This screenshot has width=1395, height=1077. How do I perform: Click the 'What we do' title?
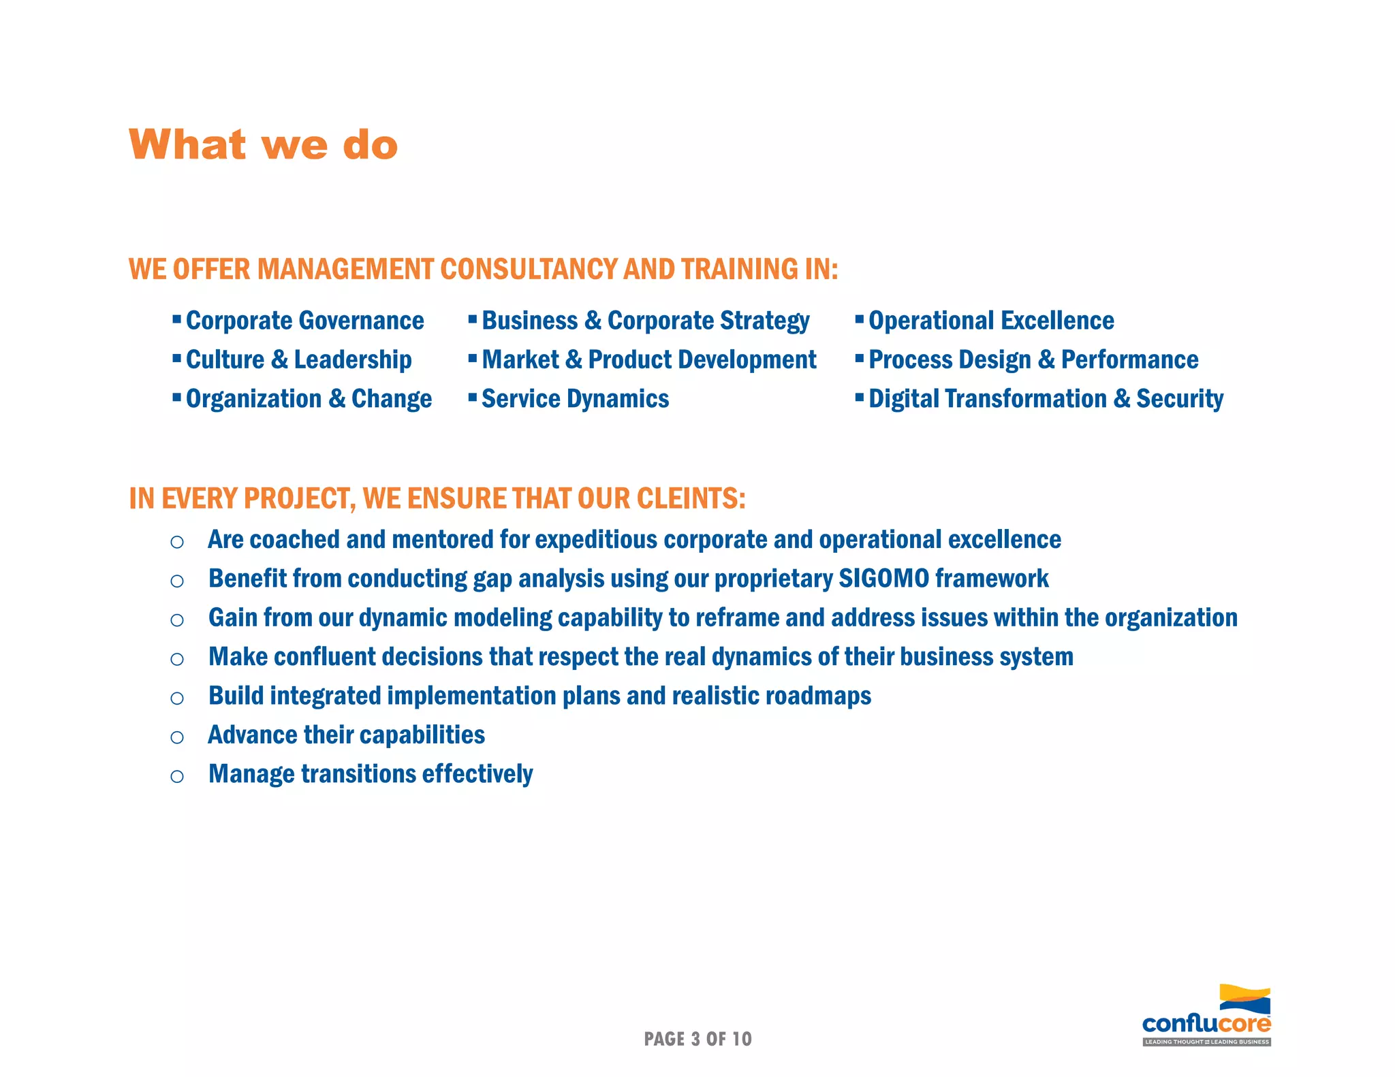[x=263, y=145]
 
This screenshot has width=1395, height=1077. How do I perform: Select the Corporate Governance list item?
[x=304, y=321]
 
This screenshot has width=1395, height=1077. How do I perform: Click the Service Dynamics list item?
[x=575, y=399]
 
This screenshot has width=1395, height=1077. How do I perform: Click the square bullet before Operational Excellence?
[x=859, y=318]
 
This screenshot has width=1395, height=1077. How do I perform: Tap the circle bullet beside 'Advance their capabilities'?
[x=177, y=737]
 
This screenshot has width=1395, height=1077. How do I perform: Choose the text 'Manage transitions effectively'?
[x=371, y=774]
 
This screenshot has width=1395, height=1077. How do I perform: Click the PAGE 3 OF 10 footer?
[x=697, y=1039]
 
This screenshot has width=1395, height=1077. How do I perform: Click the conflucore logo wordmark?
[x=1206, y=1024]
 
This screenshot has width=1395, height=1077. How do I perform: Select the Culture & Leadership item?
[x=298, y=359]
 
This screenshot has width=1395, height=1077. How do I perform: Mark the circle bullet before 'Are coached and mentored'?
[x=177, y=542]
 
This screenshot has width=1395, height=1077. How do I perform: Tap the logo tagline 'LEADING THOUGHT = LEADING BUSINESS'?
[x=1206, y=1042]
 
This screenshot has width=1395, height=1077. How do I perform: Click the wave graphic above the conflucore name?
[x=1244, y=999]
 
